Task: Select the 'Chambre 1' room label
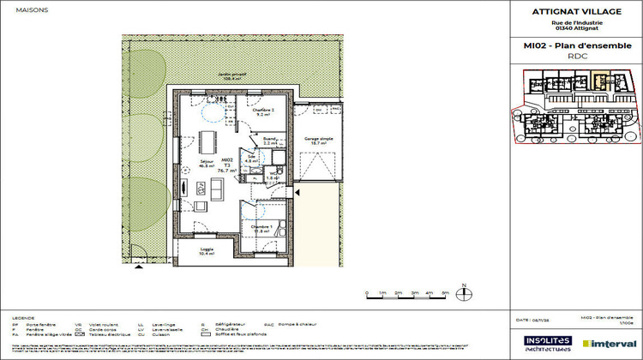(x=262, y=228)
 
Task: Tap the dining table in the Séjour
(x=207, y=141)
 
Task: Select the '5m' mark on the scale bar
(x=444, y=294)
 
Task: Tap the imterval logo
(x=610, y=341)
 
